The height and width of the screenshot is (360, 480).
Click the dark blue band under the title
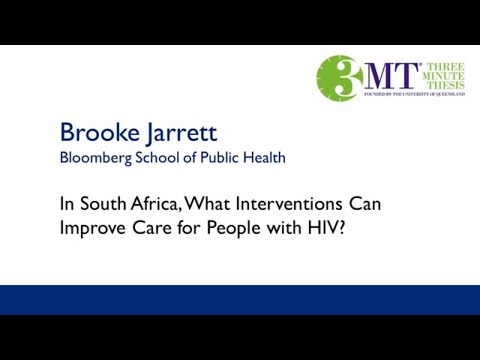(x=240, y=299)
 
